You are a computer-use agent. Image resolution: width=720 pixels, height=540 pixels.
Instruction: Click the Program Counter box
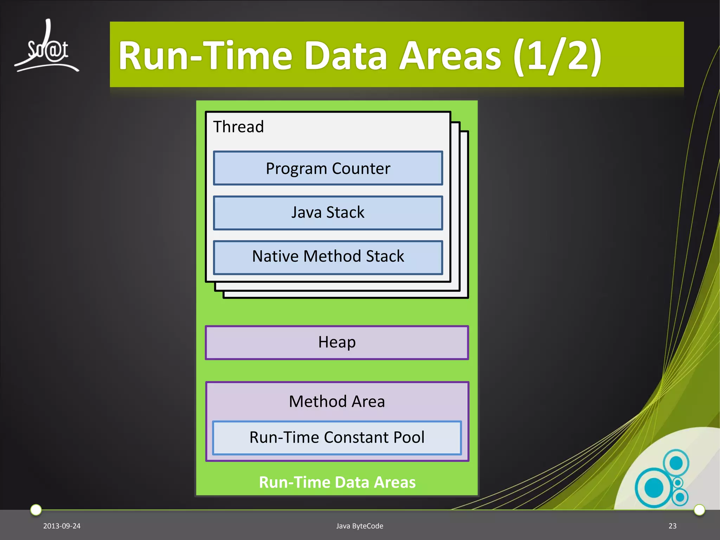pyautogui.click(x=328, y=168)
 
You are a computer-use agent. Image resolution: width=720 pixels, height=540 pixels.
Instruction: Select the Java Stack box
pyautogui.click(x=328, y=213)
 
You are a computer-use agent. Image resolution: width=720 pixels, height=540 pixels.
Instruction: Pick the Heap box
pyautogui.click(x=337, y=342)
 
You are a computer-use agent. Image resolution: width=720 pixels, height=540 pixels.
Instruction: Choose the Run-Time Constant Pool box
pyautogui.click(x=337, y=438)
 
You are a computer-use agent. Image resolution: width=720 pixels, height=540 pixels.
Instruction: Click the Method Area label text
pyautogui.click(x=337, y=401)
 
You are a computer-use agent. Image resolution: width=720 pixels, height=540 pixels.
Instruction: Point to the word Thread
pyautogui.click(x=238, y=127)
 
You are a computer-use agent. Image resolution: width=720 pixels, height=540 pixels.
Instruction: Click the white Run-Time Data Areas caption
pyautogui.click(x=337, y=482)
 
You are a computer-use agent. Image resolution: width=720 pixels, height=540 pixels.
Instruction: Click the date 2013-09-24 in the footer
pyautogui.click(x=62, y=526)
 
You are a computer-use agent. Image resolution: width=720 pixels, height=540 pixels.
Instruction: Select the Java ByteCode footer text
pyautogui.click(x=360, y=526)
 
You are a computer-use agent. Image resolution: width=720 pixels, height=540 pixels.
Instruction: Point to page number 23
pyautogui.click(x=672, y=526)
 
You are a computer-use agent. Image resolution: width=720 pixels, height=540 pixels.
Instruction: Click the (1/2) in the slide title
pyautogui.click(x=557, y=56)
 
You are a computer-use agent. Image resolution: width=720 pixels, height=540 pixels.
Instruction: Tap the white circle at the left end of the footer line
pyautogui.click(x=36, y=509)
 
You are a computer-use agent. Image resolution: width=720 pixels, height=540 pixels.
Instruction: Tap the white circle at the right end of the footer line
pyautogui.click(x=699, y=509)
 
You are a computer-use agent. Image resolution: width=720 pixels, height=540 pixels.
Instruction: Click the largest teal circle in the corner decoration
pyautogui.click(x=654, y=488)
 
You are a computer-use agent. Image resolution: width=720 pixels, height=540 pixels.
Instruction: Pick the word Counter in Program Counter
pyautogui.click(x=361, y=168)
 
